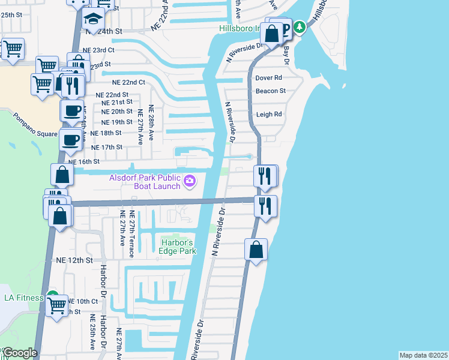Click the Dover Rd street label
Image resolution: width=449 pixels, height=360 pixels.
(268, 78)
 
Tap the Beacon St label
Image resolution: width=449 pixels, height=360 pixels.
(270, 91)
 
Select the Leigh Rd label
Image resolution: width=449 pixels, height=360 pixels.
(268, 114)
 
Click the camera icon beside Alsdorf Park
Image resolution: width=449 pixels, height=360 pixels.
(190, 180)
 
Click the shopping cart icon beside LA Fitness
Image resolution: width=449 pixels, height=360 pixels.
(56, 305)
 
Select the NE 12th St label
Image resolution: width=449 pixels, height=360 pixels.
(74, 260)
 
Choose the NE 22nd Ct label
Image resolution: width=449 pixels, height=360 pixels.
(128, 82)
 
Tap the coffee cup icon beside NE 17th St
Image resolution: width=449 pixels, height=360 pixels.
(71, 140)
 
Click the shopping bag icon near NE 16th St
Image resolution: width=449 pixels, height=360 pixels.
(62, 175)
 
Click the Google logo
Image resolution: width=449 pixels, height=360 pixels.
(19, 353)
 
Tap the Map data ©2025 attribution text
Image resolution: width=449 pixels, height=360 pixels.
(423, 355)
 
